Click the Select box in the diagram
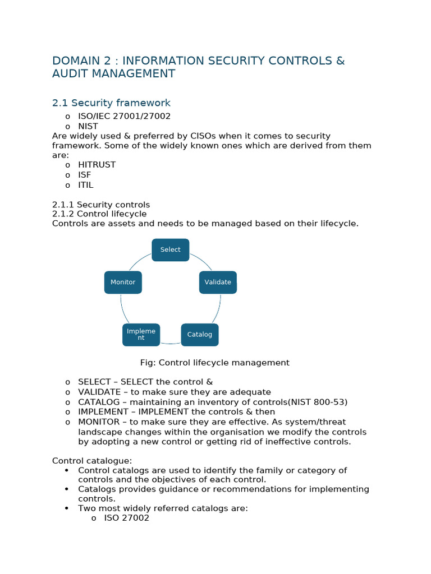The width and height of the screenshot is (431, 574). [170, 250]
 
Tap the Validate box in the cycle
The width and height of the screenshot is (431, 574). [218, 283]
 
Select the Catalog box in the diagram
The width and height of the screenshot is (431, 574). [200, 335]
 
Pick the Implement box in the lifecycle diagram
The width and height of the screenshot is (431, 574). [141, 335]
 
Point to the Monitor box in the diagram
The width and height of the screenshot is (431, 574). [123, 283]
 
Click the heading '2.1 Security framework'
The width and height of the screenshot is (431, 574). [111, 103]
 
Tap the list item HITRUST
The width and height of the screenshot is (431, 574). [97, 165]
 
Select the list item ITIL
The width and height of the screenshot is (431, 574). [86, 185]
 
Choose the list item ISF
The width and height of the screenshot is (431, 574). [84, 175]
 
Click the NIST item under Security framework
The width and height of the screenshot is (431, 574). [88, 126]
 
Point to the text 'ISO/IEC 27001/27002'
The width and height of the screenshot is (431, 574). [124, 116]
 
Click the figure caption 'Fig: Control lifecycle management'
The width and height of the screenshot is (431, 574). [215, 363]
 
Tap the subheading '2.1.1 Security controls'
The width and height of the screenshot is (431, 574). [101, 205]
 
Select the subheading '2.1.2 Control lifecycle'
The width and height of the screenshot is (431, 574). [99, 214]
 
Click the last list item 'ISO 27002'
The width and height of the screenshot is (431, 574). [127, 519]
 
